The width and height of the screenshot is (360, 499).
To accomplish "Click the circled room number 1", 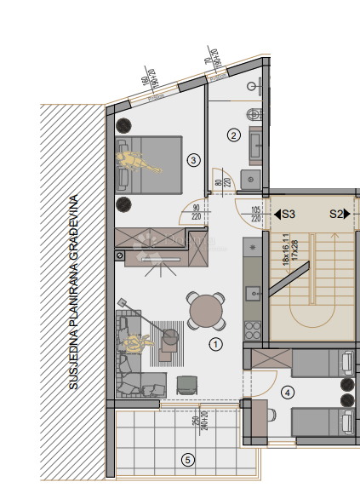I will click(x=215, y=345).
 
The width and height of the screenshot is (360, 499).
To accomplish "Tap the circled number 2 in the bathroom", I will click(x=232, y=135).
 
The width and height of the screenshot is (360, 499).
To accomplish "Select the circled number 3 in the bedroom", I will click(x=194, y=159).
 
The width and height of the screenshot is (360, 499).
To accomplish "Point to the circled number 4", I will click(x=289, y=393).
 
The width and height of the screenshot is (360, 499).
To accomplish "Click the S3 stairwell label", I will click(x=287, y=215).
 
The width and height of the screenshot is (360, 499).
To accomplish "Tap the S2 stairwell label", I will click(x=337, y=215).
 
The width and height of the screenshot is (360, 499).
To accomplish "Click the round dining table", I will click(x=207, y=311).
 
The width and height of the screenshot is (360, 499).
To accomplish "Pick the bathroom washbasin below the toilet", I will click(x=254, y=146).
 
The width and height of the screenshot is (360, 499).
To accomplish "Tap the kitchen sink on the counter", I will click(x=253, y=294).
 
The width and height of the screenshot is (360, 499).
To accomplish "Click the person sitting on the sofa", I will click(x=136, y=343).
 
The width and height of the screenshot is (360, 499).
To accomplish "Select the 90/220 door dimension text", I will click(x=197, y=212).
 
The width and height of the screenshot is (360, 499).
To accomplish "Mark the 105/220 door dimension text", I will click(x=255, y=212).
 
